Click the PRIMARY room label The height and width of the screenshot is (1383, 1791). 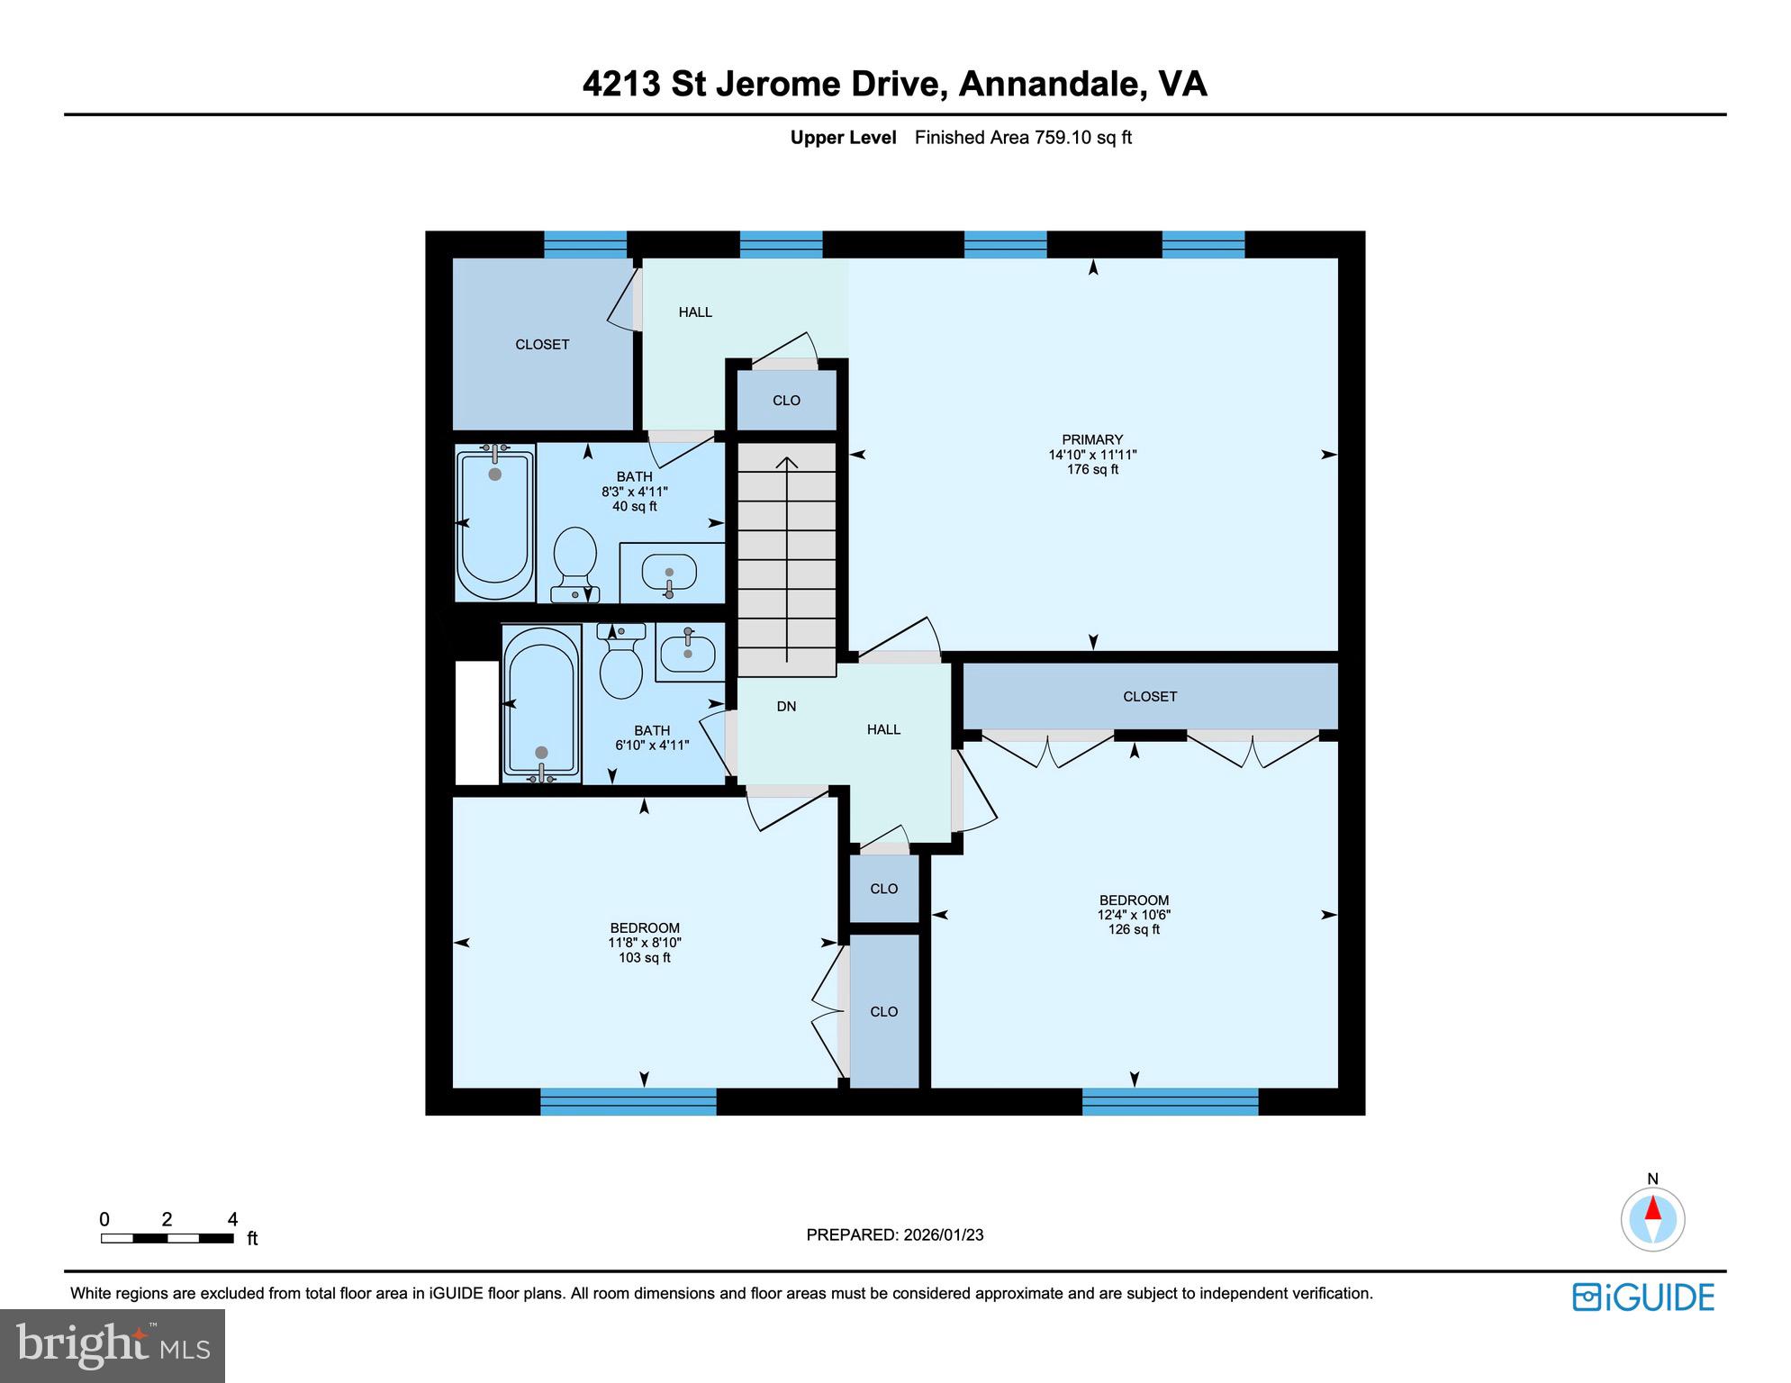(x=1092, y=440)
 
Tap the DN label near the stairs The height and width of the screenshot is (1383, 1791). (x=786, y=707)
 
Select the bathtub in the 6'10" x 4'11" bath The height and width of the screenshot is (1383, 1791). (x=540, y=702)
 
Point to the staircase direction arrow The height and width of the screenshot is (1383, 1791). (x=787, y=558)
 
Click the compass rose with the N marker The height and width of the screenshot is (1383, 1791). (x=1652, y=1219)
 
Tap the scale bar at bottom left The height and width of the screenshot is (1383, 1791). (x=167, y=1238)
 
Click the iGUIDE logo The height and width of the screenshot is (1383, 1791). (x=1643, y=1297)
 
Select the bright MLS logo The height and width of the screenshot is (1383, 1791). (x=113, y=1345)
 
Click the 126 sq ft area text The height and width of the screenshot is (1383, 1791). (x=1134, y=929)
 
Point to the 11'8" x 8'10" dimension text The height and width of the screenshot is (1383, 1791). (x=645, y=943)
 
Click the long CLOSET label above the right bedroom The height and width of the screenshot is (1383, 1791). (x=1150, y=697)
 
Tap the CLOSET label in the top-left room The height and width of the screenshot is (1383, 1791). (x=542, y=345)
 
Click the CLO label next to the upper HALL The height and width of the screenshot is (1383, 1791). (x=786, y=401)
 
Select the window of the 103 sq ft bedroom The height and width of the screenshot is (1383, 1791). (x=628, y=1101)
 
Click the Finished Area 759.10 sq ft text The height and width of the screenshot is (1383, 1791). (x=1023, y=138)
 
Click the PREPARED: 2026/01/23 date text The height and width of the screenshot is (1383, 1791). (x=894, y=1234)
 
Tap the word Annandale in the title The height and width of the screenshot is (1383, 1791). (x=1050, y=85)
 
